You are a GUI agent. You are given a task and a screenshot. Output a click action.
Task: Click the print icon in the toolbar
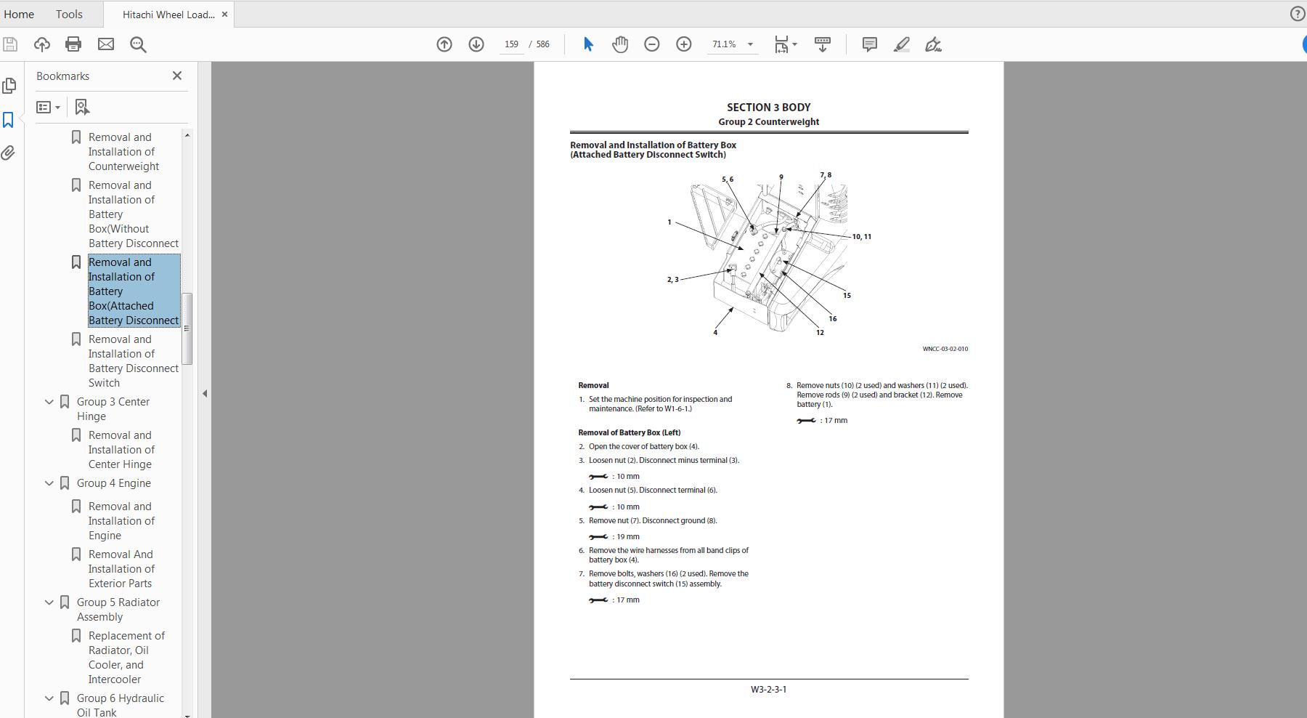pyautogui.click(x=73, y=44)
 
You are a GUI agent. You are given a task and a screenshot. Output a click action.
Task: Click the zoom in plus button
pyautogui.click(x=683, y=44)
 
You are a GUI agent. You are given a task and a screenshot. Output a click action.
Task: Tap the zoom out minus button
pyautogui.click(x=651, y=44)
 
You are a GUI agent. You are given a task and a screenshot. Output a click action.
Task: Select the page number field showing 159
pyautogui.click(x=511, y=44)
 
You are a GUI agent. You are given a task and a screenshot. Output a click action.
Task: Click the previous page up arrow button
pyautogui.click(x=444, y=44)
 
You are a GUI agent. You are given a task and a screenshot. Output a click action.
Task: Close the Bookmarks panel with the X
pyautogui.click(x=176, y=76)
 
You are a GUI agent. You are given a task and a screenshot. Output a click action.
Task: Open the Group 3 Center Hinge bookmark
pyautogui.click(x=113, y=408)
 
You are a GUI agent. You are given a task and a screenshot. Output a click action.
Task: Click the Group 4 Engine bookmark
pyautogui.click(x=114, y=483)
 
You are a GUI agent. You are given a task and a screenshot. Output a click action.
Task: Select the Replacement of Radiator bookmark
pyautogui.click(x=126, y=657)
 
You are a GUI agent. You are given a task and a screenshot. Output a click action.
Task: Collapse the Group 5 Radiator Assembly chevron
pyautogui.click(x=49, y=602)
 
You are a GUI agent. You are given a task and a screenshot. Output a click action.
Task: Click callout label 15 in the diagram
pyautogui.click(x=847, y=295)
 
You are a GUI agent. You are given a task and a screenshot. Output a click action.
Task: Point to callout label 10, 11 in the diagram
pyautogui.click(x=862, y=237)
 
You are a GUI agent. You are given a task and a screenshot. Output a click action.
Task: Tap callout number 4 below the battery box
pyautogui.click(x=715, y=333)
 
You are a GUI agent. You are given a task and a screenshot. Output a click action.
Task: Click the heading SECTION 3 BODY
pyautogui.click(x=768, y=107)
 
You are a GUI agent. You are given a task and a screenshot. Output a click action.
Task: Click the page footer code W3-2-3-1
pyautogui.click(x=768, y=689)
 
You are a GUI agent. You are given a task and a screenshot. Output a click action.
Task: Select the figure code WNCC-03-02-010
pyautogui.click(x=945, y=349)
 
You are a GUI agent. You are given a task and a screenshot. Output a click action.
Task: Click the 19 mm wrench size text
pyautogui.click(x=627, y=537)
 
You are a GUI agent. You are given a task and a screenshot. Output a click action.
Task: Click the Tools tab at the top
pyautogui.click(x=69, y=14)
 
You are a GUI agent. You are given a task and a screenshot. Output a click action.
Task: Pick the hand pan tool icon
pyautogui.click(x=619, y=44)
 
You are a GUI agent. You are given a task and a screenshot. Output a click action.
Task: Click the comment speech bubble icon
pyautogui.click(x=869, y=44)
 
